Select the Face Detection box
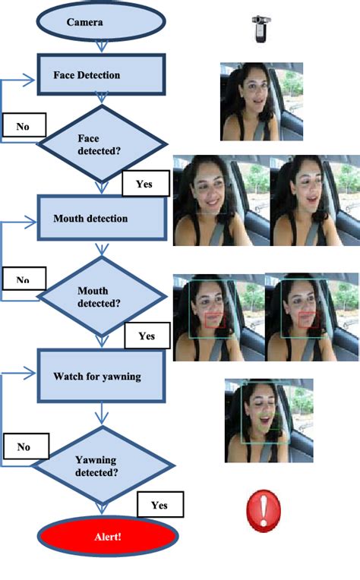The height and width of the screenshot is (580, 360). [x=102, y=74]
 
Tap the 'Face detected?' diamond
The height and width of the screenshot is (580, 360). [x=101, y=144]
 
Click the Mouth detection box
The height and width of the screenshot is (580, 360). [x=102, y=219]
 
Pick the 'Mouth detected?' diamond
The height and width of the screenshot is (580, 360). [x=100, y=296]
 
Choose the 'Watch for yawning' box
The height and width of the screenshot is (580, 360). [x=102, y=376]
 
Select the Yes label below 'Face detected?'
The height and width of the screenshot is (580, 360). [x=144, y=184]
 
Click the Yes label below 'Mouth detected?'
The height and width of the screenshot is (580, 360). [x=147, y=336]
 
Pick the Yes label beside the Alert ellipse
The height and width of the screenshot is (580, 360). [x=159, y=505]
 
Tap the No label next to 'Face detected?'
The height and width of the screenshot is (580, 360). [x=24, y=126]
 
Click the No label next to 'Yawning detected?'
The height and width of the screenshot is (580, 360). [x=25, y=446]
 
